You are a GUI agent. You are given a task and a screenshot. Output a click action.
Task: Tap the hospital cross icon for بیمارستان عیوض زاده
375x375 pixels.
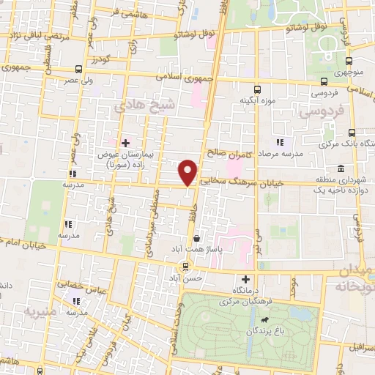tap(125, 142)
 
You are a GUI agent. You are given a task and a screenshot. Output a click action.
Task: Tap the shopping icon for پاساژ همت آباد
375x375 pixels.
tap(196, 238)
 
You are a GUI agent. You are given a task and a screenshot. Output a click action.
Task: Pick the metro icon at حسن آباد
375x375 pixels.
tap(186, 265)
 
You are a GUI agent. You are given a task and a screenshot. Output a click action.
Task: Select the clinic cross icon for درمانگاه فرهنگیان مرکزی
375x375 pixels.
tap(245, 278)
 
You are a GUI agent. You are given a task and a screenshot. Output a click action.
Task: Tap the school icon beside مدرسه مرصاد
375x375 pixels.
tap(279, 141)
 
